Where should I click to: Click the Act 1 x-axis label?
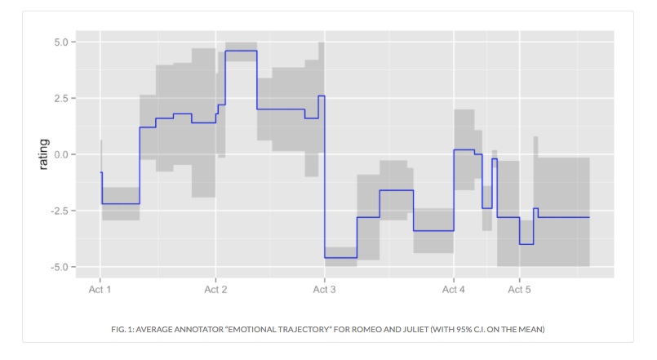pos(100,289)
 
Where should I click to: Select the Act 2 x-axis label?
pos(215,289)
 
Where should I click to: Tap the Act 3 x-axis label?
pos(324,289)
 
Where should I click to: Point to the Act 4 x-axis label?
pos(453,289)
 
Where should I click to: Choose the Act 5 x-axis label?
pos(520,289)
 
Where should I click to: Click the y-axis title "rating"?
pos(43,154)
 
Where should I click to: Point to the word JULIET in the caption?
pos(411,329)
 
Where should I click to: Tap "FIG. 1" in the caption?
pos(124,329)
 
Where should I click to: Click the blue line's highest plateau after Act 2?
pos(241,51)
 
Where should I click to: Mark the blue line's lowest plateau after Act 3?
pos(340,258)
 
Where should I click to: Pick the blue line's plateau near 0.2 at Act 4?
pos(464,150)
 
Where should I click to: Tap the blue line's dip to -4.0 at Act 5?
pos(526,244)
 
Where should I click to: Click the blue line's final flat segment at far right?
pos(563,217)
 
